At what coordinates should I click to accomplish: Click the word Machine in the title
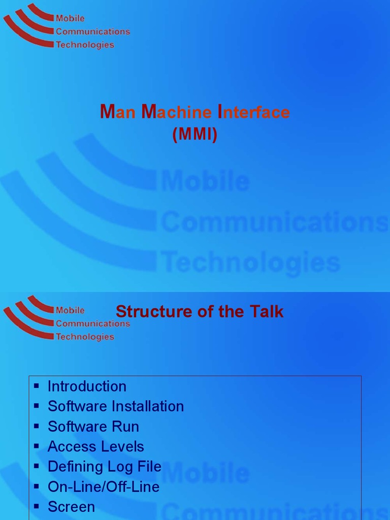[176, 112]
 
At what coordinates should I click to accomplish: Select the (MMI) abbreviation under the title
[195, 134]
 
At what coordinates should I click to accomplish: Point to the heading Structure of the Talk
[200, 311]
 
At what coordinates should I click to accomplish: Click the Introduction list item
[87, 386]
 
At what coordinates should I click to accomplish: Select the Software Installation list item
[116, 406]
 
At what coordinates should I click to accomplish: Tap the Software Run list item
[93, 427]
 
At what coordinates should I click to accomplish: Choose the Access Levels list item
[96, 447]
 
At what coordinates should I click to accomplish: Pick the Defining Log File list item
[105, 467]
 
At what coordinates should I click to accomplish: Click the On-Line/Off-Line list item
[104, 487]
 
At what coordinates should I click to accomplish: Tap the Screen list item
[72, 507]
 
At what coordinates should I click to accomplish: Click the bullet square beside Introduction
[36, 386]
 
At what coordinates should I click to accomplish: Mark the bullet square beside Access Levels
[36, 447]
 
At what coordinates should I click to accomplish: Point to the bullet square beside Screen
[36, 507]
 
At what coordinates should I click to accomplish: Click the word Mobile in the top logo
[70, 19]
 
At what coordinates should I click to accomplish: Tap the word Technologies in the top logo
[85, 45]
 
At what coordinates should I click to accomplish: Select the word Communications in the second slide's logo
[93, 323]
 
